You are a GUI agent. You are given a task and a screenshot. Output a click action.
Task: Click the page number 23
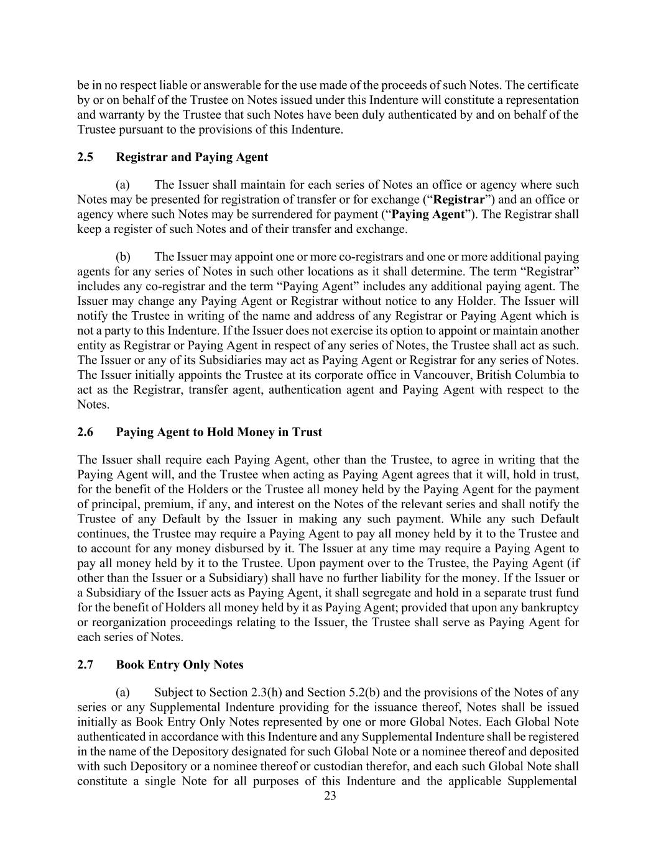click(330, 796)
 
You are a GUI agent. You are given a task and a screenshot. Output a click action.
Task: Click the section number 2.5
click(85, 157)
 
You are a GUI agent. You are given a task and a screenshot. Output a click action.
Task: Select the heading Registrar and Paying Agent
click(192, 157)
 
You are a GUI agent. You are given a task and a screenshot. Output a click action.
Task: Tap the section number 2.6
click(85, 432)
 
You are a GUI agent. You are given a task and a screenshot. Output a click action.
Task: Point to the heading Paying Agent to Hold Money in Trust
click(219, 432)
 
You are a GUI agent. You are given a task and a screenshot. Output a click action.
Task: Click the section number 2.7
click(85, 665)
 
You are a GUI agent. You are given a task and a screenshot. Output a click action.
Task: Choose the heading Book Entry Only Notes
click(179, 665)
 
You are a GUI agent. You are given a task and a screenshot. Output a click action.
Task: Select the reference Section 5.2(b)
click(346, 693)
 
